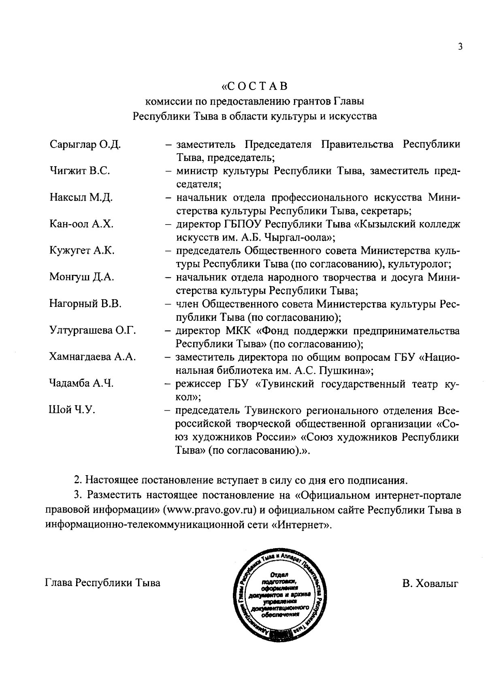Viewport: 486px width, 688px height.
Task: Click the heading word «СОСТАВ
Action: click(255, 86)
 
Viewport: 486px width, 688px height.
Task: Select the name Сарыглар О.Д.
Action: click(85, 144)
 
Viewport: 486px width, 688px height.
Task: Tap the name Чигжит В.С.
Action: click(79, 171)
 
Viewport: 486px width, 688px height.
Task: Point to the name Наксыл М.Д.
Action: click(81, 198)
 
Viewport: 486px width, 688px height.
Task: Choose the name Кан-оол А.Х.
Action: click(81, 224)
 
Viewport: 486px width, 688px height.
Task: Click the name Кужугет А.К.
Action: click(82, 251)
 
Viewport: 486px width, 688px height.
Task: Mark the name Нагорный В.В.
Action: click(85, 304)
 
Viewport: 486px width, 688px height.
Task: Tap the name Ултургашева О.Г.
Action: click(92, 331)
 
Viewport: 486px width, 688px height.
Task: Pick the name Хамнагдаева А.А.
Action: click(92, 357)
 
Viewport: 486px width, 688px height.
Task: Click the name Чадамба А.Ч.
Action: click(81, 384)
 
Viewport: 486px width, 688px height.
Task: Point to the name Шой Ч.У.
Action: click(72, 410)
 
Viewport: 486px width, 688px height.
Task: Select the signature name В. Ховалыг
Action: click(430, 583)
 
